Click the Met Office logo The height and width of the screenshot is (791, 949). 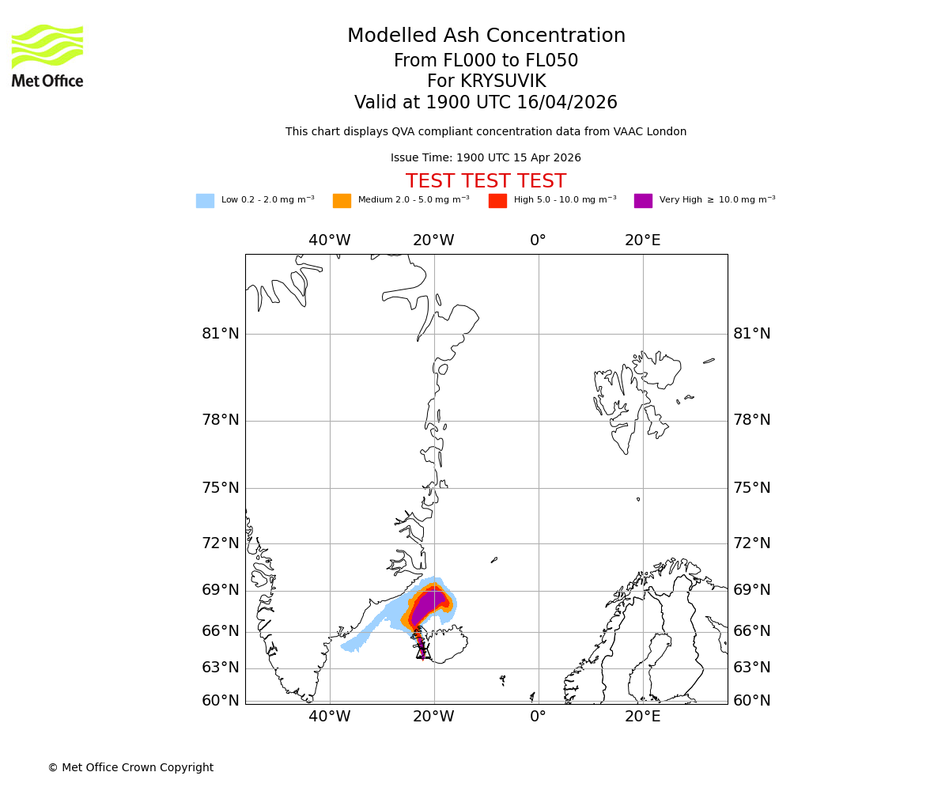click(x=47, y=55)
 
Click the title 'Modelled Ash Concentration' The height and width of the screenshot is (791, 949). click(x=486, y=36)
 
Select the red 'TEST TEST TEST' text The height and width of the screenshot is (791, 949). click(x=486, y=181)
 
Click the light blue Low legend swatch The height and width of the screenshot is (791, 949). click(x=205, y=201)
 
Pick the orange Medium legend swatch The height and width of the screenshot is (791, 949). click(x=342, y=201)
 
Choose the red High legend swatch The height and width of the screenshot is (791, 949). click(x=497, y=201)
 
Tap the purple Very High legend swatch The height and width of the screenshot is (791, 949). click(x=643, y=201)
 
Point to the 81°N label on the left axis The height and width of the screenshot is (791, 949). click(x=221, y=334)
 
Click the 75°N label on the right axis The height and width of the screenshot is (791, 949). click(x=752, y=488)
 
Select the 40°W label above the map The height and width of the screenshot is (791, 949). click(x=330, y=240)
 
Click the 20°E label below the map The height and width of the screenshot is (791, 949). click(x=642, y=717)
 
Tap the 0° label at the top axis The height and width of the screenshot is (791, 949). click(x=538, y=240)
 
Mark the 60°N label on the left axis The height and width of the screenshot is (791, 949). click(x=221, y=700)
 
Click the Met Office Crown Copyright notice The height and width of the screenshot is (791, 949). click(x=130, y=767)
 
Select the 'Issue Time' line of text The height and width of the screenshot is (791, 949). click(x=486, y=158)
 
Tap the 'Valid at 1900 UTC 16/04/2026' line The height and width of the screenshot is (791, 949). click(x=486, y=103)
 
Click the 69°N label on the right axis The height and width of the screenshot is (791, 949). click(x=752, y=590)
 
